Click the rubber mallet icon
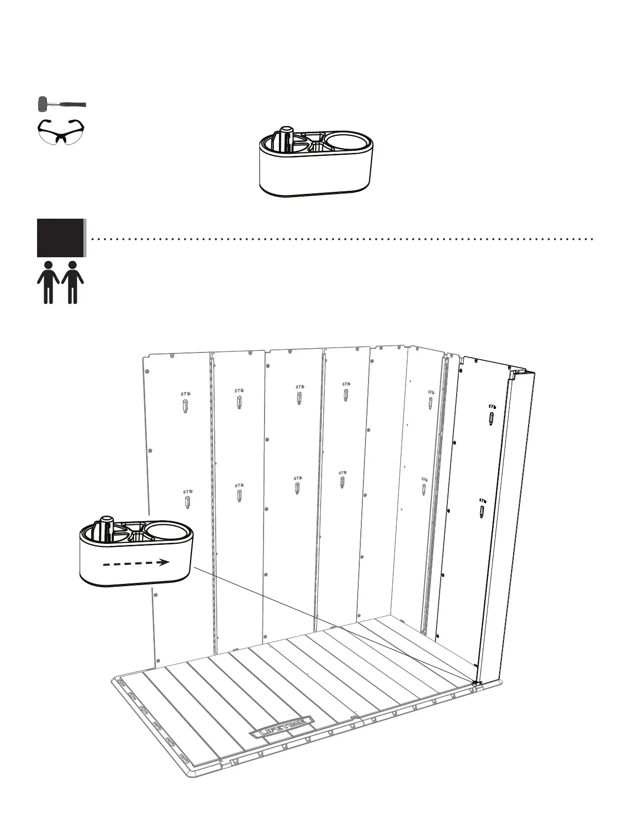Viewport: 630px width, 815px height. pos(61,104)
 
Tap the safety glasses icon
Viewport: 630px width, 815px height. pos(61,131)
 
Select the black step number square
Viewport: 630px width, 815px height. pos(60,237)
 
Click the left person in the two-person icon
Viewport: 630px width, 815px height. pos(48,282)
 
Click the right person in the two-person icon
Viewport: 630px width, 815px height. pos(73,282)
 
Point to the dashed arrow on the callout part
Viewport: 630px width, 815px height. pos(136,563)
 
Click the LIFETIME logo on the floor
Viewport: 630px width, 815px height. pos(282,727)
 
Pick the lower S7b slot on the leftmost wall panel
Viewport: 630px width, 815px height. pos(188,502)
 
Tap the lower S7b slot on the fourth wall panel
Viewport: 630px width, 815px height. pos(342,483)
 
